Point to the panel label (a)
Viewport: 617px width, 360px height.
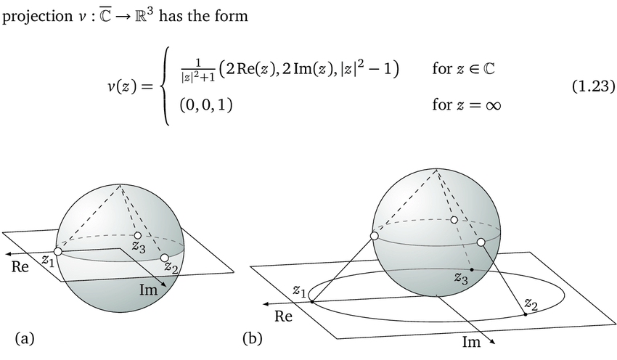[x=25, y=337]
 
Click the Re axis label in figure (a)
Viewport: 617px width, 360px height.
[x=21, y=266]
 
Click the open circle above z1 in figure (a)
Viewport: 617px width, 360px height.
[x=57, y=251]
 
